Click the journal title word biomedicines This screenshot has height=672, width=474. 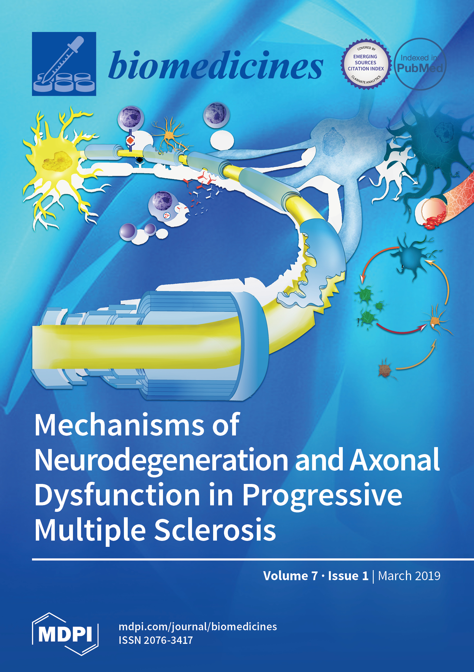point(216,66)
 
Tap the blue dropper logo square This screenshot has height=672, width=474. point(64,64)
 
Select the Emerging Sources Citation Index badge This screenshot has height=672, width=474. point(366,64)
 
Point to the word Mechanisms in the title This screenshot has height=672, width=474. point(119,426)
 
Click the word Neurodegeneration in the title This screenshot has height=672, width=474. point(161,460)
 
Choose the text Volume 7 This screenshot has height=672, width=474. point(290,576)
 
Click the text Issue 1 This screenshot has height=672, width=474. point(348,576)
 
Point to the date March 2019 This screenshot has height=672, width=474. point(409,576)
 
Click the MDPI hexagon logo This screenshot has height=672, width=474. point(65,634)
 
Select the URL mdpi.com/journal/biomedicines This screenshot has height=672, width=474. point(197,627)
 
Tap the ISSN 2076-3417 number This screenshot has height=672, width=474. point(156,640)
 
